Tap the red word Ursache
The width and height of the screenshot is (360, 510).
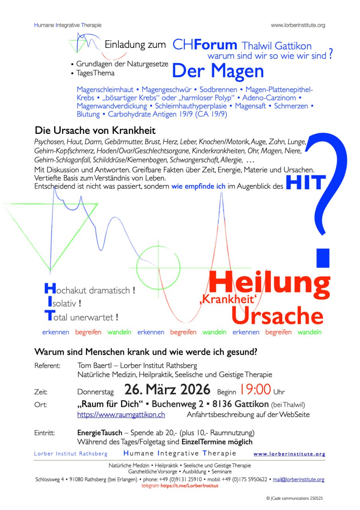coord(277,316)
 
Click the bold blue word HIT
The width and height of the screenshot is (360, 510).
coord(305,183)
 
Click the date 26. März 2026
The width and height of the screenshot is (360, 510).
coord(167,389)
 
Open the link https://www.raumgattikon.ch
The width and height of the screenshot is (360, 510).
coord(121,415)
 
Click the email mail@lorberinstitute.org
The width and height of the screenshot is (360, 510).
coord(298,480)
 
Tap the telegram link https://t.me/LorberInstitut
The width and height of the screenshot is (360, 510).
coord(190,486)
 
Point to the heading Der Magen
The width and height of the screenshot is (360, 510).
coord(218,71)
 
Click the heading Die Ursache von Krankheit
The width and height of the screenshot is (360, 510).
coord(95,130)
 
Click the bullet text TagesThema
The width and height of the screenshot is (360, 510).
coord(95,73)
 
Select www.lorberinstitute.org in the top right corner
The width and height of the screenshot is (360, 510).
coord(298,25)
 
